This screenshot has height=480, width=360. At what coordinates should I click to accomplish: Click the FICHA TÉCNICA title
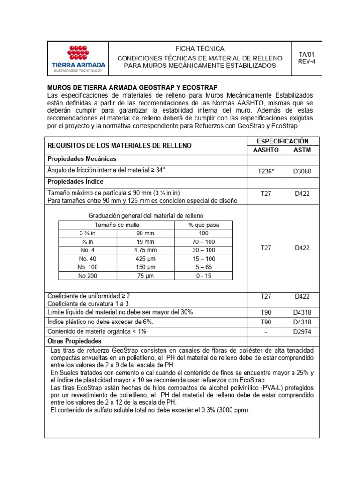click(x=200, y=49)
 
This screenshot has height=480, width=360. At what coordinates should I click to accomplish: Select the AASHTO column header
click(x=265, y=150)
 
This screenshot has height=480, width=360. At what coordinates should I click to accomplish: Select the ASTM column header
click(x=302, y=150)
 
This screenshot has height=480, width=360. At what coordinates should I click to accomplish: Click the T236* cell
click(x=265, y=172)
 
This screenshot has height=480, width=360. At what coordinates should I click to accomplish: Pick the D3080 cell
click(x=302, y=172)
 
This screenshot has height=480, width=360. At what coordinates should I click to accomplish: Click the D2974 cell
click(x=302, y=331)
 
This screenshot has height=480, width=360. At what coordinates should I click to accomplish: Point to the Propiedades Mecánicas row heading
click(x=82, y=159)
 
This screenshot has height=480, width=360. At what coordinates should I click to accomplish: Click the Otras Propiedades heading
click(x=75, y=341)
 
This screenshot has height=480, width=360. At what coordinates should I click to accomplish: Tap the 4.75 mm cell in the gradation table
click(x=145, y=250)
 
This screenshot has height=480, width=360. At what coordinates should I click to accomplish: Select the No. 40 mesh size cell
click(x=88, y=259)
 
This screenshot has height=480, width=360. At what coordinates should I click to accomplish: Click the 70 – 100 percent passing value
click(x=203, y=242)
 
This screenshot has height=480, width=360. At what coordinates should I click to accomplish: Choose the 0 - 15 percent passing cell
click(x=203, y=276)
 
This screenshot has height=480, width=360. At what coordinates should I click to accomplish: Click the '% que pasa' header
click(x=203, y=225)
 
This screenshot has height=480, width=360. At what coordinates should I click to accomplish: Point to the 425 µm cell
click(x=145, y=259)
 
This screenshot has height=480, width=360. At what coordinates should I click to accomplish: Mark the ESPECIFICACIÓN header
click(x=283, y=141)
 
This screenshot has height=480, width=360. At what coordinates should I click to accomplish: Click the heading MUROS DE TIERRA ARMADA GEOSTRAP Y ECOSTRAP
click(x=133, y=88)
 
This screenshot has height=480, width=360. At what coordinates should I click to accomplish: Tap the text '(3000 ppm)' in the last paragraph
click(x=233, y=410)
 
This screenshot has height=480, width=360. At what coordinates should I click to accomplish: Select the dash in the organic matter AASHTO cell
click(x=265, y=331)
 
